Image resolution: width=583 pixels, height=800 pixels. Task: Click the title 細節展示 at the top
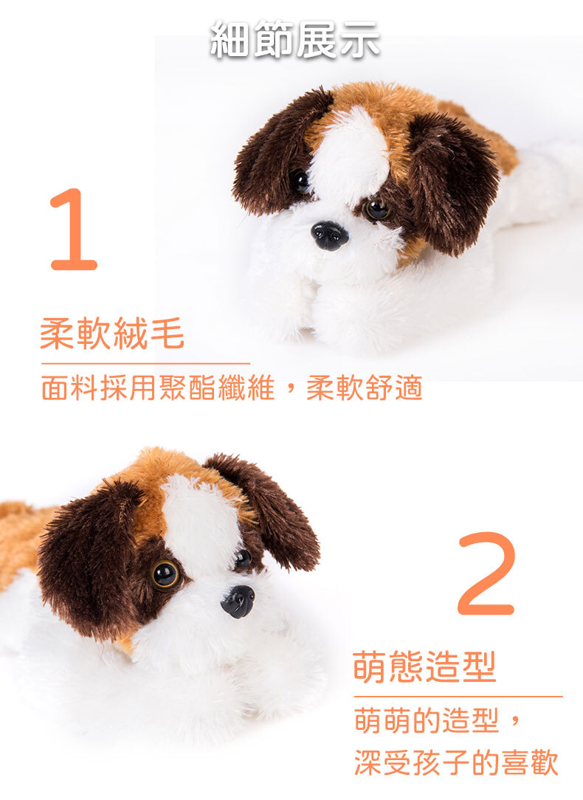(x=294, y=39)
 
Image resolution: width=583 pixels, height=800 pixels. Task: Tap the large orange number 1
(x=75, y=229)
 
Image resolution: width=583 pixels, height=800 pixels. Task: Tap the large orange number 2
(x=486, y=573)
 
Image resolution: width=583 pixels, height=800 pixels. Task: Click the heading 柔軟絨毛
(x=112, y=333)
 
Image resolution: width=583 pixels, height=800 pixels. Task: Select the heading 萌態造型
(x=424, y=666)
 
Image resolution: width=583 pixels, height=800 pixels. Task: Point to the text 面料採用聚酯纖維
(x=158, y=387)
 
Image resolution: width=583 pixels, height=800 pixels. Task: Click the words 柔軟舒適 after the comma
(x=364, y=387)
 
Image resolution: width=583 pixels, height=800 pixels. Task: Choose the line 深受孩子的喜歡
(x=457, y=763)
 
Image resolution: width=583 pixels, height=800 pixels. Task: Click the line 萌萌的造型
(x=427, y=720)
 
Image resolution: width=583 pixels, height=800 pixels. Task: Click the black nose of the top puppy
(x=329, y=235)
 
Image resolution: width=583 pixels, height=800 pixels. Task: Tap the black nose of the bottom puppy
(x=238, y=601)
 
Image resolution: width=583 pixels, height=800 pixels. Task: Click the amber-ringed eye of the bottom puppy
(x=165, y=574)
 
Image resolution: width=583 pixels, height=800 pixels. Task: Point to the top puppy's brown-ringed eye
(x=377, y=209)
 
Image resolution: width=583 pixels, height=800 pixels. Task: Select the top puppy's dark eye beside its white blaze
(x=300, y=181)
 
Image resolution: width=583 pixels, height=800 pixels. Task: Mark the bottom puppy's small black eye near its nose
(x=243, y=559)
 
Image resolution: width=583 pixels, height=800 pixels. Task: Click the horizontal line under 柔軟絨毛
(x=145, y=364)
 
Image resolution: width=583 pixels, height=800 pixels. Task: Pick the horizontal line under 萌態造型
(x=458, y=696)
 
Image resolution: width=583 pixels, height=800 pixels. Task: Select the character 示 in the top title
(x=359, y=39)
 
